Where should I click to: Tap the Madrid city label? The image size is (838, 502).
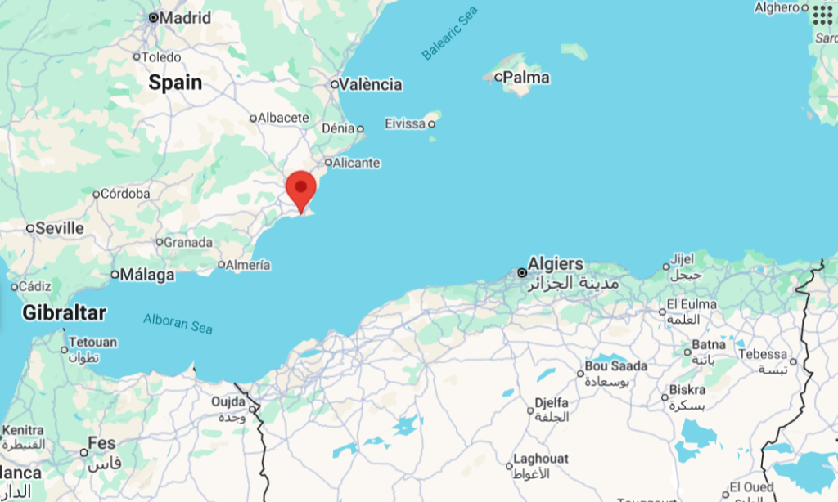coord(184,17)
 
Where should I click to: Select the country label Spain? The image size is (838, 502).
coord(175,83)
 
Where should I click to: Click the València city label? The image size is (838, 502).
coord(371,84)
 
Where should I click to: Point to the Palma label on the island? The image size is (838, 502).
coord(526,78)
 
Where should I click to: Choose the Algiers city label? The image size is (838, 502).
coord(556,264)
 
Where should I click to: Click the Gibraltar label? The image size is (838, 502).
coord(65,312)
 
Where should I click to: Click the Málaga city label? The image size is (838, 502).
coord(146,275)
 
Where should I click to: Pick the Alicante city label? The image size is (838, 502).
coord(356,163)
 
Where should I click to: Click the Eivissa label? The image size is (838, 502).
coord(404,123)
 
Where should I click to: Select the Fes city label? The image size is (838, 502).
coord(101,443)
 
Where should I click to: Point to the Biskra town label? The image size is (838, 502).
coord(687,389)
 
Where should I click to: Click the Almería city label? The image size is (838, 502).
coord(249,265)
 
